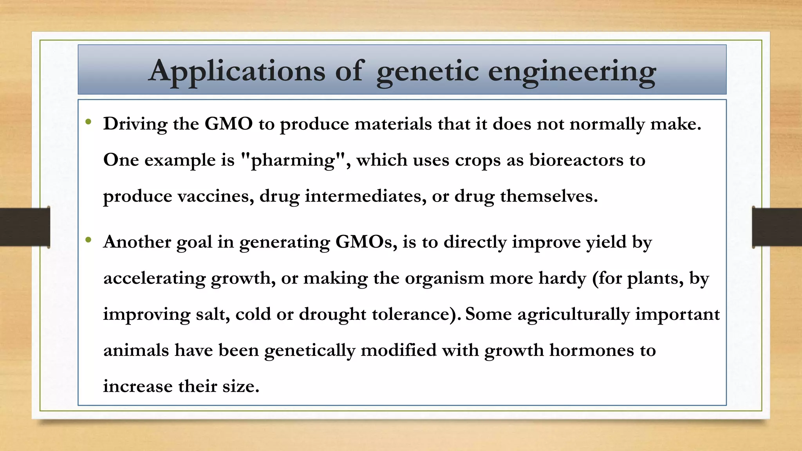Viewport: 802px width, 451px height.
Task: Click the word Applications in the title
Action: tap(237, 72)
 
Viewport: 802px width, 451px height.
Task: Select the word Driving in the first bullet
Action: tap(135, 124)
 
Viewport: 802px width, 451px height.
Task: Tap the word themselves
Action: tap(549, 196)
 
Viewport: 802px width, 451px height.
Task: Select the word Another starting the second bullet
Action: tap(137, 242)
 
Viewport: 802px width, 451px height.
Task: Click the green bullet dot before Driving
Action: tap(89, 122)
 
